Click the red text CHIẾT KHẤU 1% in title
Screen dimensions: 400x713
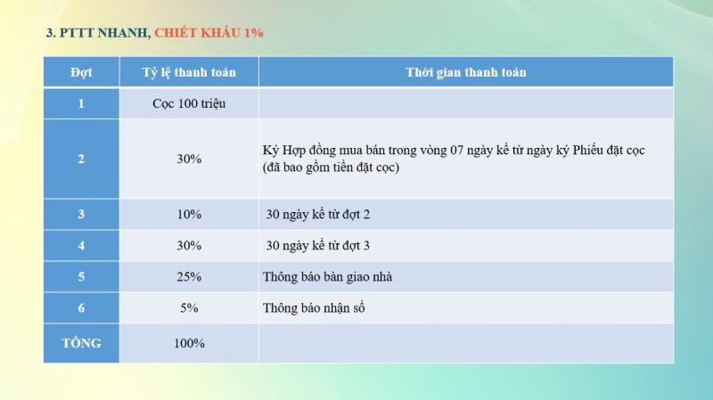tap(209, 33)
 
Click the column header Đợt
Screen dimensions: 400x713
tap(81, 72)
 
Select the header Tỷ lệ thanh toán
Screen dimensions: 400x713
tap(189, 72)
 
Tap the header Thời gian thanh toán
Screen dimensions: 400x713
tap(465, 72)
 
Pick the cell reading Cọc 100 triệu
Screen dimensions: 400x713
tap(189, 103)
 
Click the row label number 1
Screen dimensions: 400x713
tap(81, 103)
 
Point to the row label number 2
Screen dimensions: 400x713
tap(81, 159)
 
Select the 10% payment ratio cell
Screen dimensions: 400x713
tap(189, 215)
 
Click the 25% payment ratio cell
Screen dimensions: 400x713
tap(189, 277)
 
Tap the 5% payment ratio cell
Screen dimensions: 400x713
tap(189, 308)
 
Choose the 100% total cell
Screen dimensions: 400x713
tap(189, 343)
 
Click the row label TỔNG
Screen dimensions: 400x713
tap(81, 343)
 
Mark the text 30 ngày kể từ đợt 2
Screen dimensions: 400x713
tap(318, 215)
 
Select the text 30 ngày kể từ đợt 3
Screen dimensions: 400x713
tap(318, 245)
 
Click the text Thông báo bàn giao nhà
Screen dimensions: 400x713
tap(327, 277)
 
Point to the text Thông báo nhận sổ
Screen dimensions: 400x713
tap(314, 308)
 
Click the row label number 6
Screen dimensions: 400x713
tap(81, 308)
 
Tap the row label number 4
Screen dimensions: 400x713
tap(81, 245)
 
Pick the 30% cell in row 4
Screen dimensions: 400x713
tap(189, 245)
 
